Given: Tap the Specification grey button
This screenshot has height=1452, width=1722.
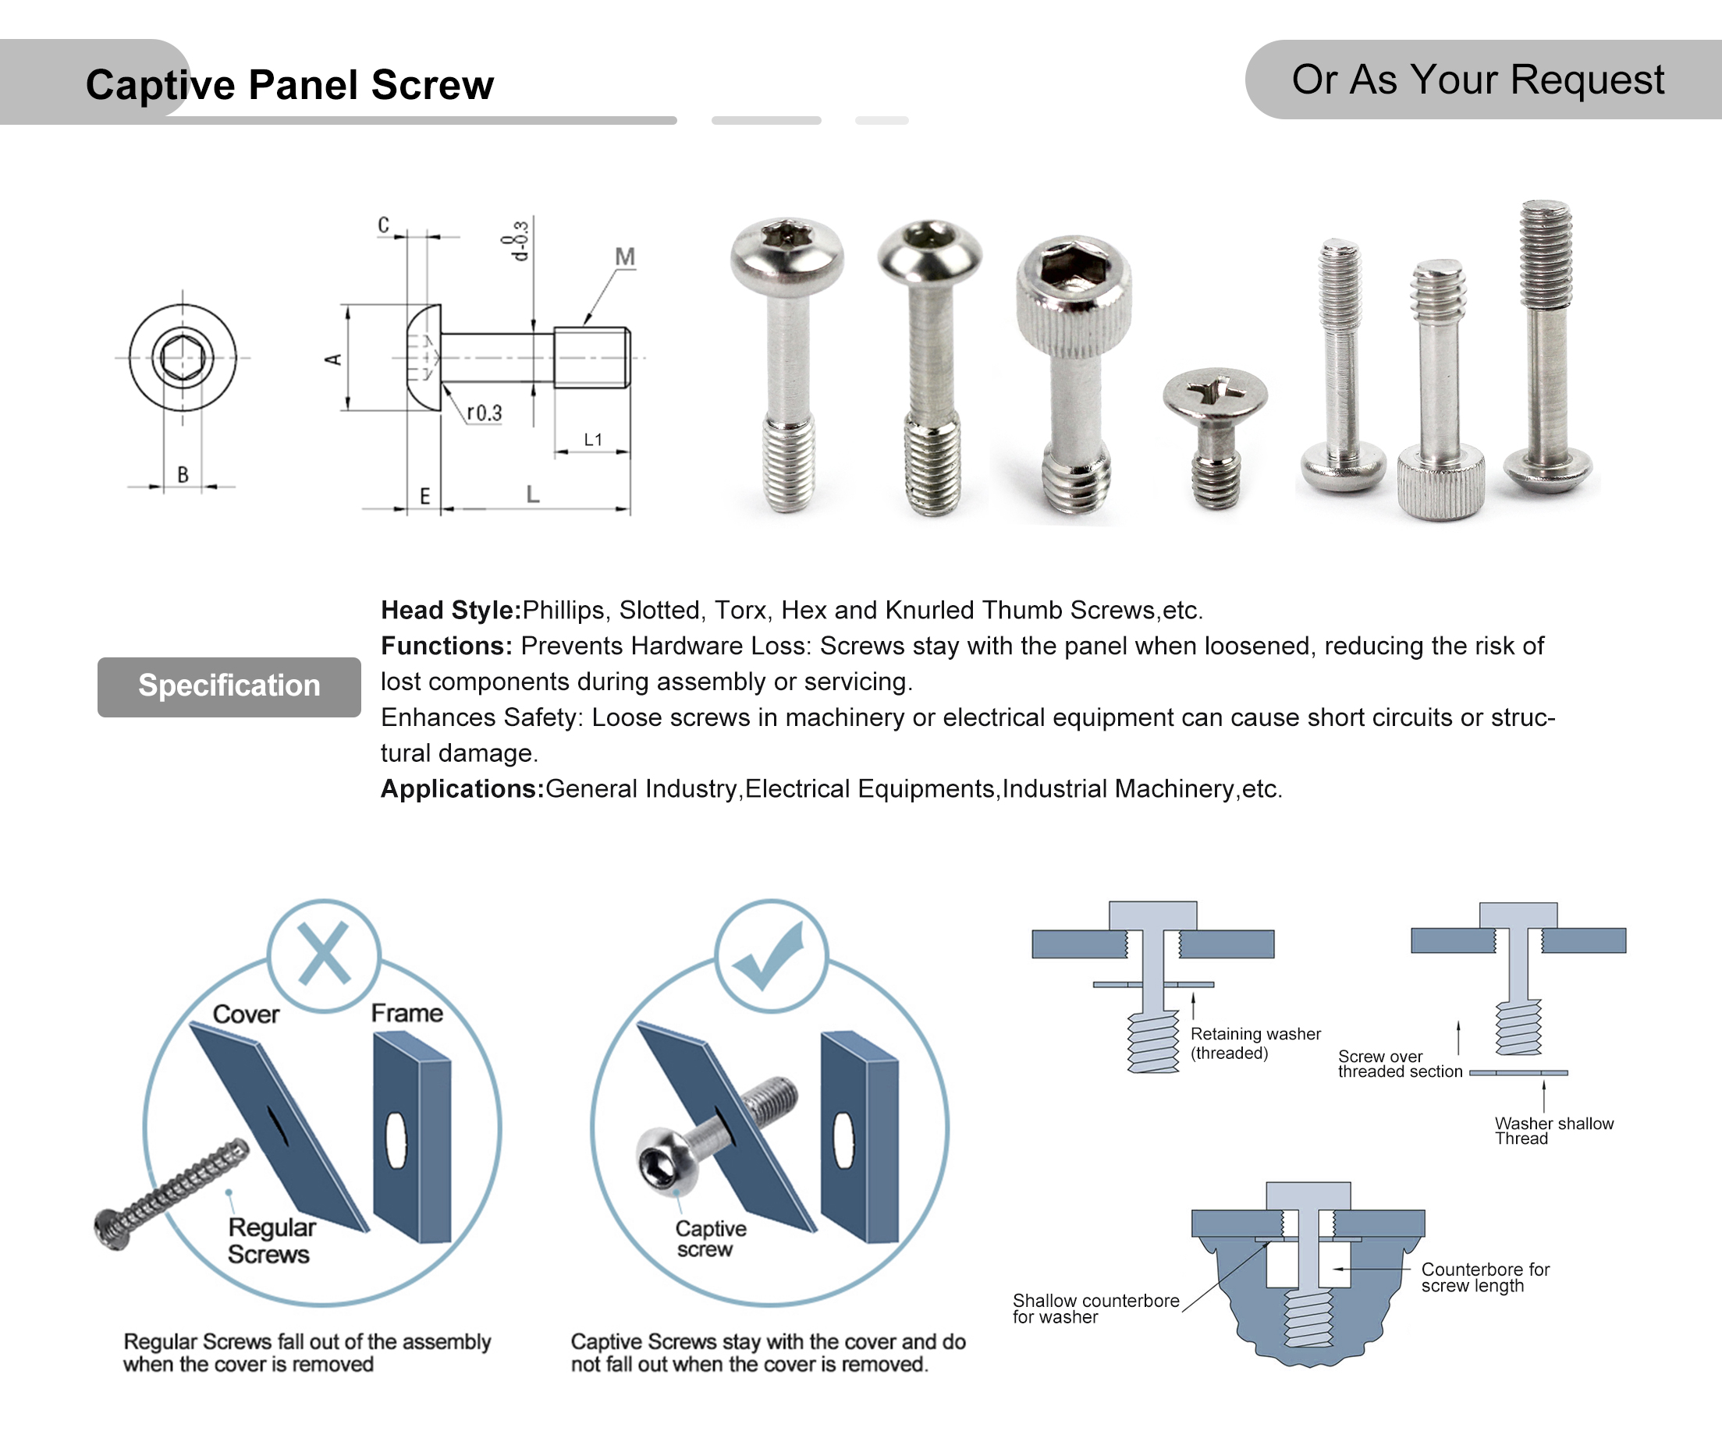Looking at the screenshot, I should [229, 685].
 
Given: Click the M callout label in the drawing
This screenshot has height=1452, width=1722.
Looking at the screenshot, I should [624, 257].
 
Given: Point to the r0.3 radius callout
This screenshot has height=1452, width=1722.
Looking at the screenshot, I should [484, 413].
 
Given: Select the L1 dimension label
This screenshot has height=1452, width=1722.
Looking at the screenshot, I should [592, 440].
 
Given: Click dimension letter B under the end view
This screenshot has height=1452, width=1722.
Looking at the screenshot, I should [183, 475].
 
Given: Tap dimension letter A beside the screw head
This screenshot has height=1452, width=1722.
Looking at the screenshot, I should [333, 359].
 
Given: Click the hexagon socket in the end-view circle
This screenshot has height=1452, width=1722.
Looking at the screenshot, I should [182, 357].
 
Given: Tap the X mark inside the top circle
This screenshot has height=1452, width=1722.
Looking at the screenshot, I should [324, 954].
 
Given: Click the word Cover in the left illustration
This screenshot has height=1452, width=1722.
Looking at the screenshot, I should [246, 1014].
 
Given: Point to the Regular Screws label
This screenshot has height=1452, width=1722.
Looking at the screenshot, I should [271, 1241].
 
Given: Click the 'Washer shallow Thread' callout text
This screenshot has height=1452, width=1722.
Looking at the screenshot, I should [1553, 1130].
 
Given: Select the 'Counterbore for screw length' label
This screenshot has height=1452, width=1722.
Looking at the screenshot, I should [1484, 1277].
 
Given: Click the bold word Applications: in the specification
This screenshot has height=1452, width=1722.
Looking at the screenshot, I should [461, 788].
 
